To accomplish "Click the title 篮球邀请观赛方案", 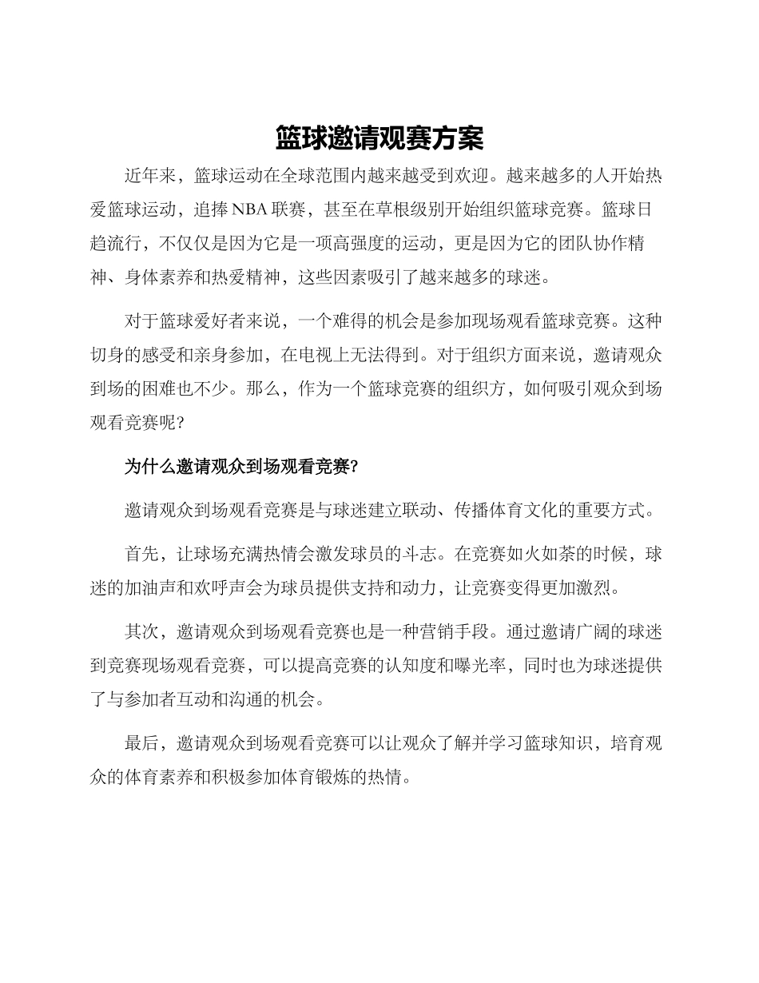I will (379, 138).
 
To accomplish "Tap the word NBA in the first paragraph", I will (250, 209).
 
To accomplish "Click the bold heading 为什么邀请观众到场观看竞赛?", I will (241, 467).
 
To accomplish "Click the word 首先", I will (141, 554).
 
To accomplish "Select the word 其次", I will (141, 632).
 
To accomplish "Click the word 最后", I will (141, 744).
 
